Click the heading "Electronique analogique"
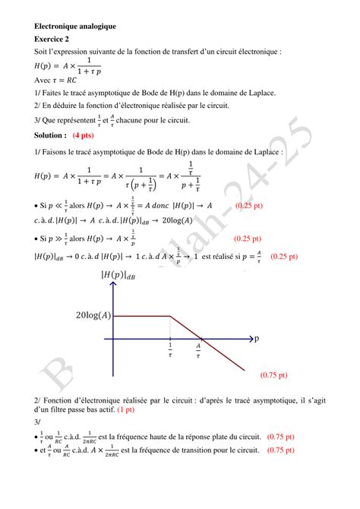75,26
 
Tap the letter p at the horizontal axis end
257,337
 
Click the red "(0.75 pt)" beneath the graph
273,375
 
